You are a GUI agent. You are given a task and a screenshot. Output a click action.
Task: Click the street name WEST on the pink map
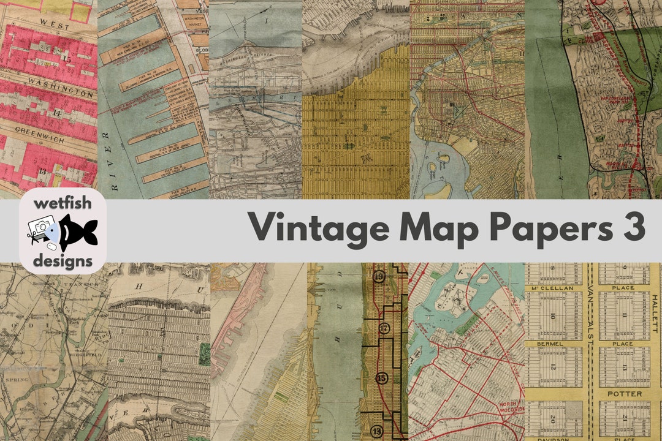click(47, 21)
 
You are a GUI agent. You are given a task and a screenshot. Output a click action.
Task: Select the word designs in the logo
click(63, 261)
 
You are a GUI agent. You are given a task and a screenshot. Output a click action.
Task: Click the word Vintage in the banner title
click(318, 228)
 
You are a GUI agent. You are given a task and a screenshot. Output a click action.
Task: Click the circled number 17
click(384, 329)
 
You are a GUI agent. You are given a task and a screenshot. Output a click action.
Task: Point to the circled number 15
click(382, 378)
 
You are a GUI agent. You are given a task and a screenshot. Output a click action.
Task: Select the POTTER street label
click(625, 393)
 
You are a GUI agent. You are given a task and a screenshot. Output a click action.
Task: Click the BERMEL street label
click(550, 345)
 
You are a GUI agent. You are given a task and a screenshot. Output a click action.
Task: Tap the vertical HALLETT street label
click(655, 313)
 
